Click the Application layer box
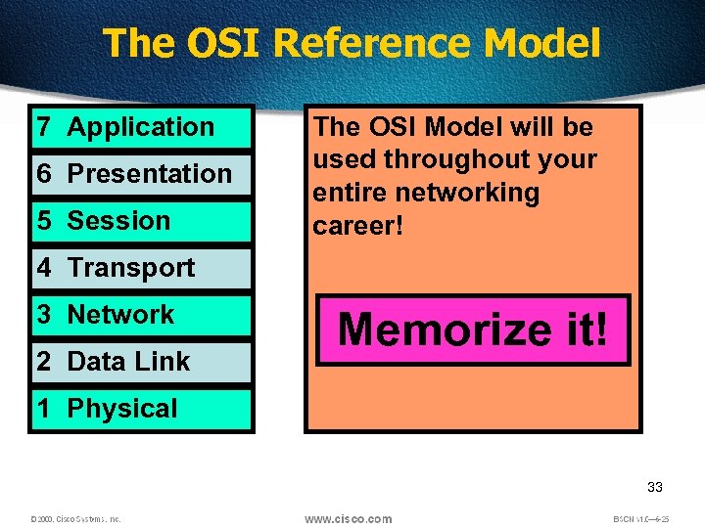(x=141, y=127)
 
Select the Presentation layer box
(x=141, y=174)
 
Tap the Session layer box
(x=141, y=221)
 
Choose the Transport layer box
(x=141, y=268)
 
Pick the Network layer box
(x=141, y=315)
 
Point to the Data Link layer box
(x=141, y=362)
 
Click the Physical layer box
(x=141, y=409)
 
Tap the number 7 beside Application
(x=44, y=127)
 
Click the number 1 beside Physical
(x=44, y=409)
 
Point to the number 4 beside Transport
(x=44, y=268)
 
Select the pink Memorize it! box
(x=473, y=330)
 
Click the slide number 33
(x=655, y=487)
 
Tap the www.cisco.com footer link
(x=348, y=518)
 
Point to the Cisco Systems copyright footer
(x=75, y=519)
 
